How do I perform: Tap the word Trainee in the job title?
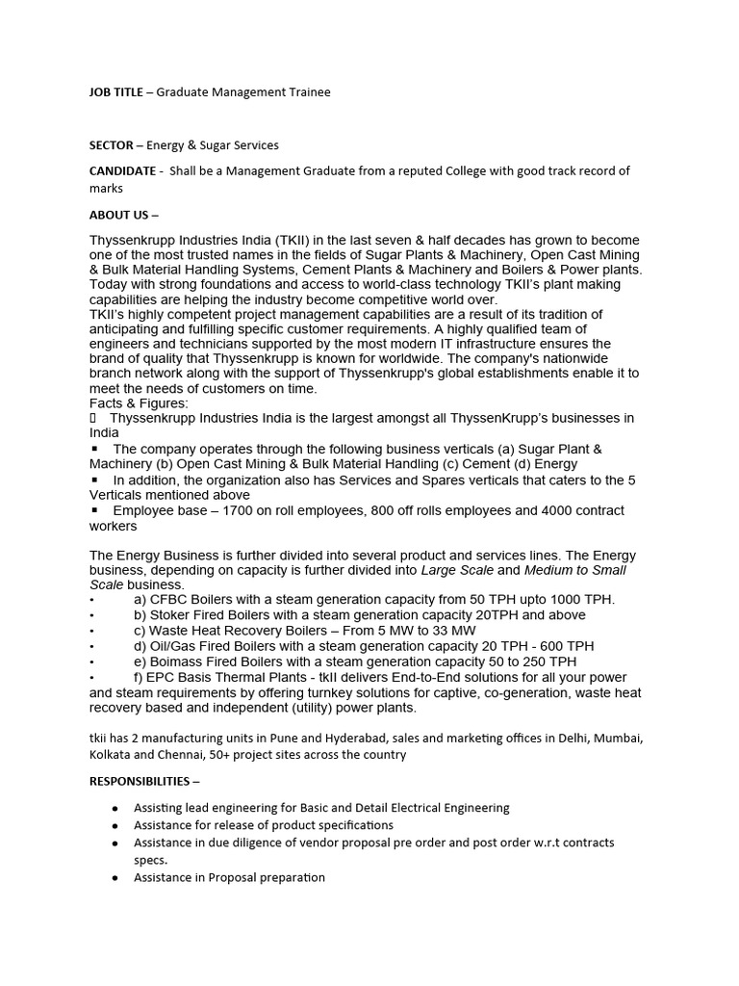[307, 91]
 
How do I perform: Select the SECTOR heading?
[111, 145]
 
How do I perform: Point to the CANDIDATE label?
[122, 171]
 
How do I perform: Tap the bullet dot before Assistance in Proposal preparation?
[115, 878]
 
